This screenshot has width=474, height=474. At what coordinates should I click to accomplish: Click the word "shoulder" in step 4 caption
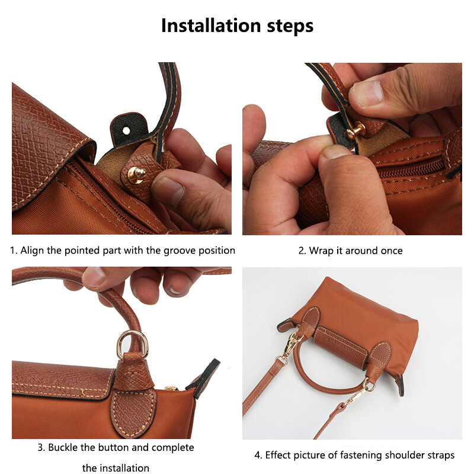402,455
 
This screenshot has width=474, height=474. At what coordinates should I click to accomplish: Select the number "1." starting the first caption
14,250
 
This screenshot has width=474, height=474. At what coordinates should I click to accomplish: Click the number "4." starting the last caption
258,455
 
